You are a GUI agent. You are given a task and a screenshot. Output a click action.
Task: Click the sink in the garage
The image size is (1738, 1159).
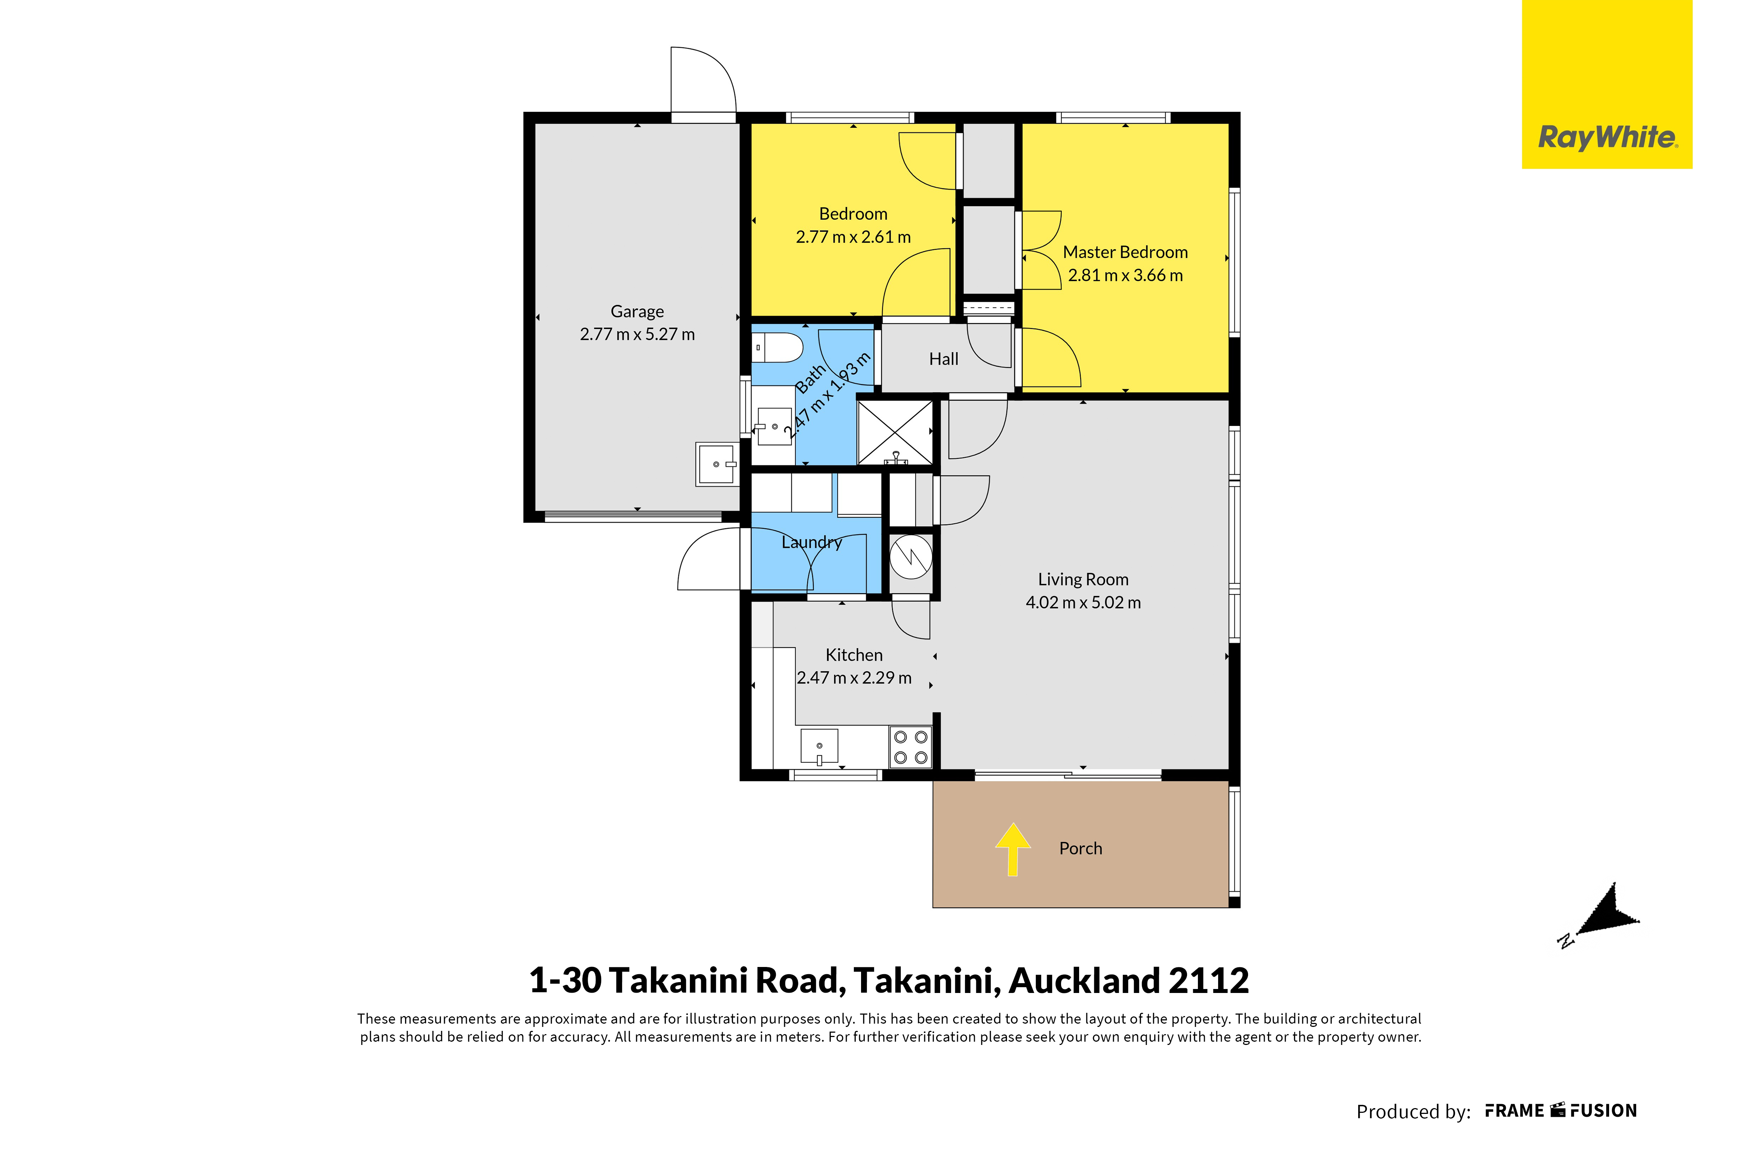717,464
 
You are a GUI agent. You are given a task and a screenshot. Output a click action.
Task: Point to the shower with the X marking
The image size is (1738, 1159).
895,432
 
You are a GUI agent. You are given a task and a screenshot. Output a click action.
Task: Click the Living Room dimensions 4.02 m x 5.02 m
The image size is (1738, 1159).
1083,602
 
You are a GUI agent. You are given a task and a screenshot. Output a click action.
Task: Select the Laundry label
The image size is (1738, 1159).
812,543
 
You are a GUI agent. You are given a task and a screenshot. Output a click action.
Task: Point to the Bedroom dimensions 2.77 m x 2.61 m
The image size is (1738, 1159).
853,237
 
